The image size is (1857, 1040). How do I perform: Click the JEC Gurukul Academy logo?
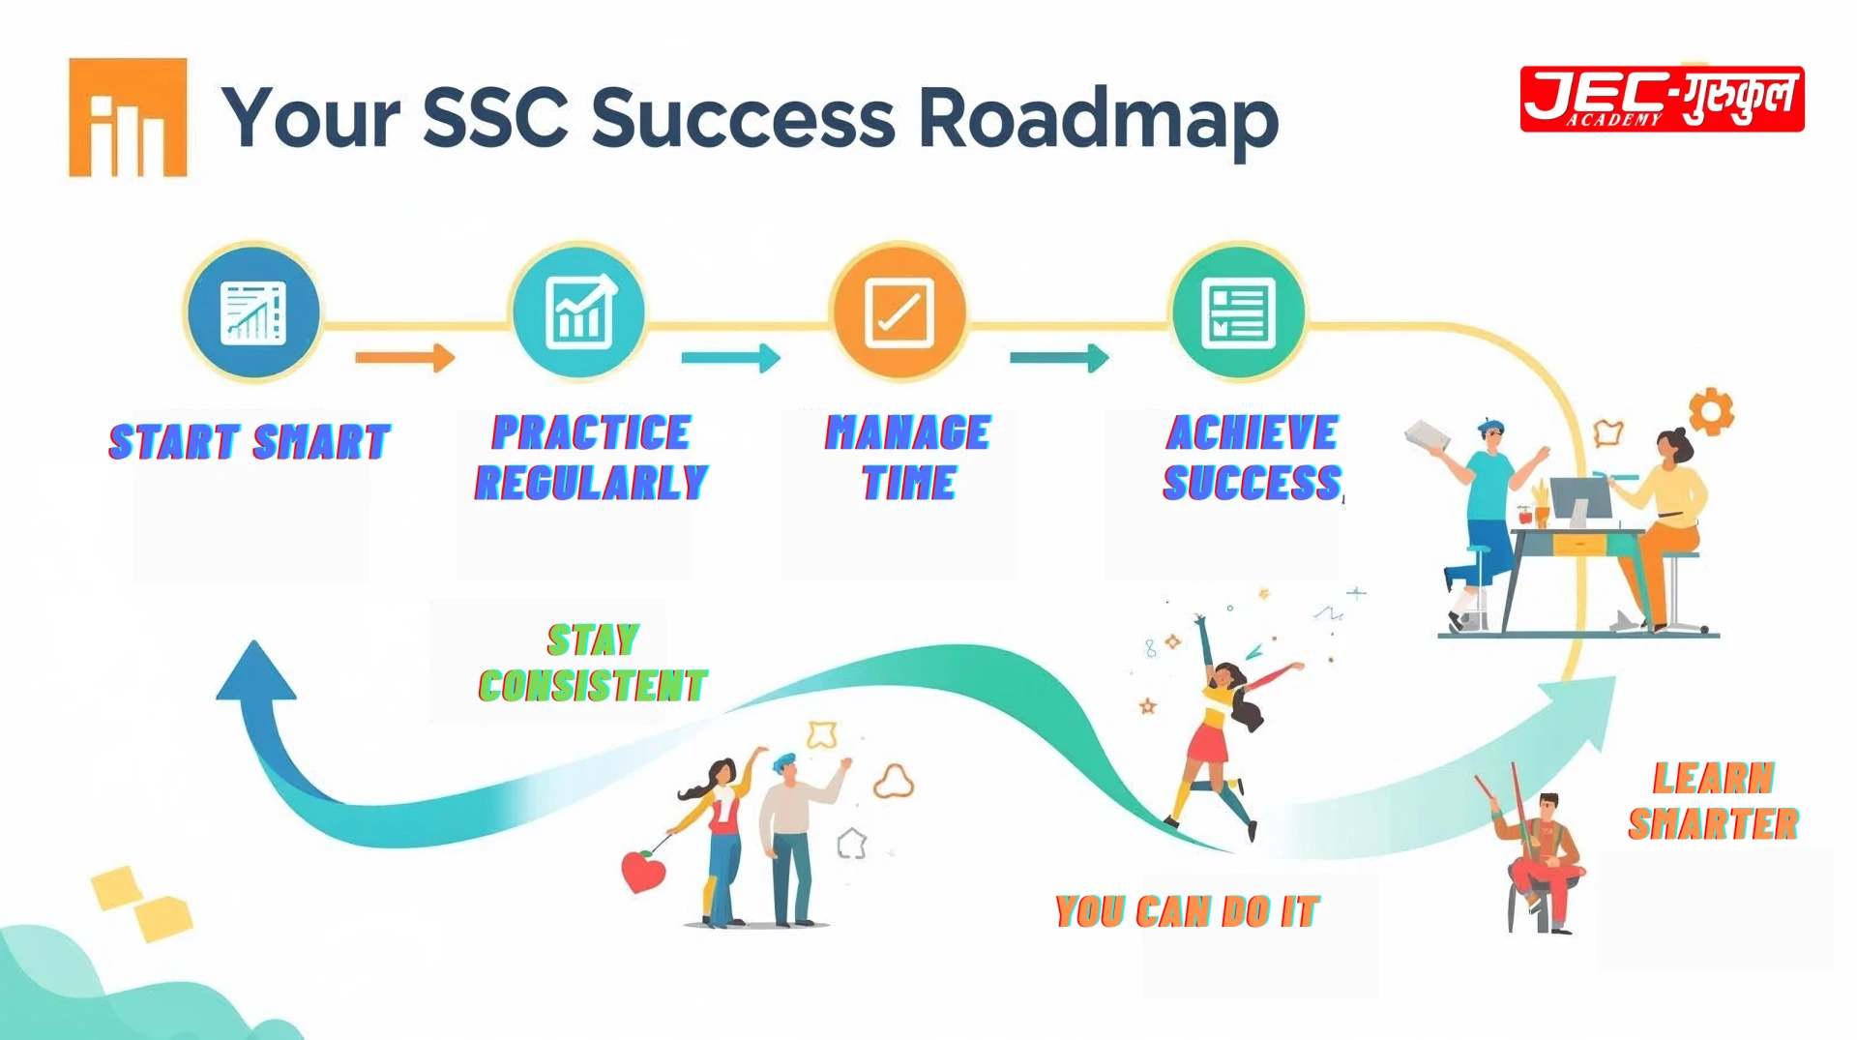coord(1662,99)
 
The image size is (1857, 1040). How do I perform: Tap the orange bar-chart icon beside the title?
coord(128,118)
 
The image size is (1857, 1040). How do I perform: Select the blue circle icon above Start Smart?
coord(253,312)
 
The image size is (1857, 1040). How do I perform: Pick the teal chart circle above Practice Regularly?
coord(578,312)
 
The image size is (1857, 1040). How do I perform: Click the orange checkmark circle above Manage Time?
coord(899,312)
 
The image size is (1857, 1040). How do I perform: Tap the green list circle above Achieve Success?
coord(1237,312)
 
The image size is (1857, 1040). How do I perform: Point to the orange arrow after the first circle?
coord(404,358)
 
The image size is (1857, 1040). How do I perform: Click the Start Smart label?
coord(250,442)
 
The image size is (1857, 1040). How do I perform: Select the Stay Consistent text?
coord(593,664)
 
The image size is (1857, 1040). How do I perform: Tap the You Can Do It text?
coord(1187,911)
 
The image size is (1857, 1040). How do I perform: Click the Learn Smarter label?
coord(1713,801)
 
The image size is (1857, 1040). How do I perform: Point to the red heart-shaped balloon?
coord(643,871)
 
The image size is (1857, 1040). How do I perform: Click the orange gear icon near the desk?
coord(1710,412)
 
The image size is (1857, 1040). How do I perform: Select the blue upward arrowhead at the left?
coord(255,671)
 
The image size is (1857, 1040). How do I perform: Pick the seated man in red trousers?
coord(1544,861)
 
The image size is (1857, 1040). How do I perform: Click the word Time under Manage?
coord(909,483)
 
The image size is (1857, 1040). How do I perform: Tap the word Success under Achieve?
coord(1252,483)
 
